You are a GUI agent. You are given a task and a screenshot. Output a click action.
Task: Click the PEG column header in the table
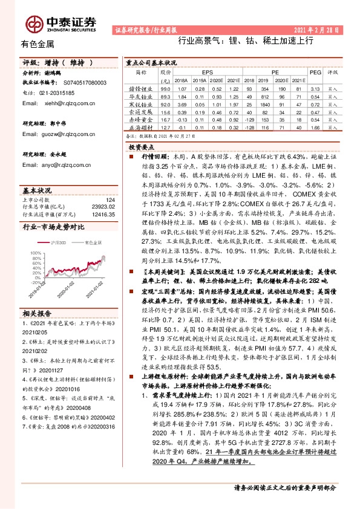tap(314, 71)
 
